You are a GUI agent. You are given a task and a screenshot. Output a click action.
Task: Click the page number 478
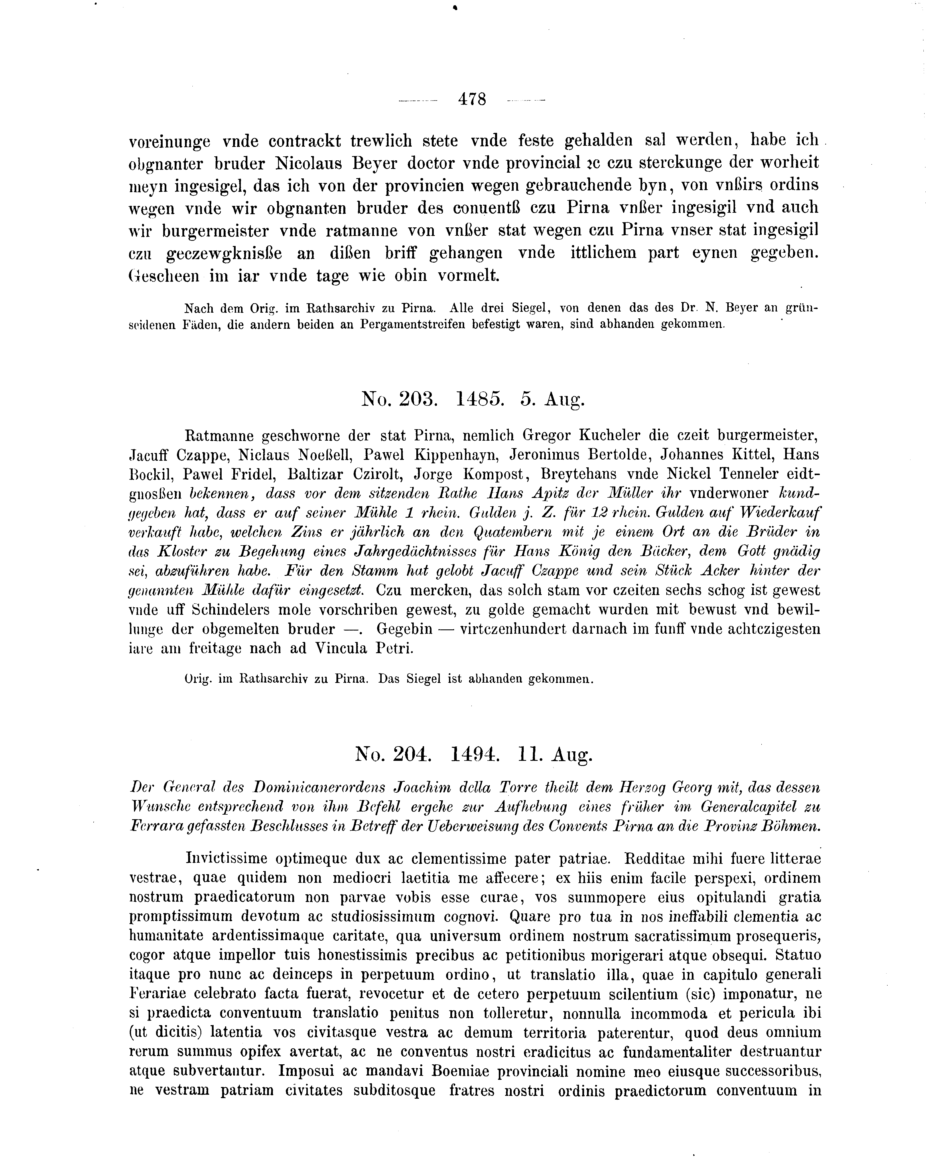472,99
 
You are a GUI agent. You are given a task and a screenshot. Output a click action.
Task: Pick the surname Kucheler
610,435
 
